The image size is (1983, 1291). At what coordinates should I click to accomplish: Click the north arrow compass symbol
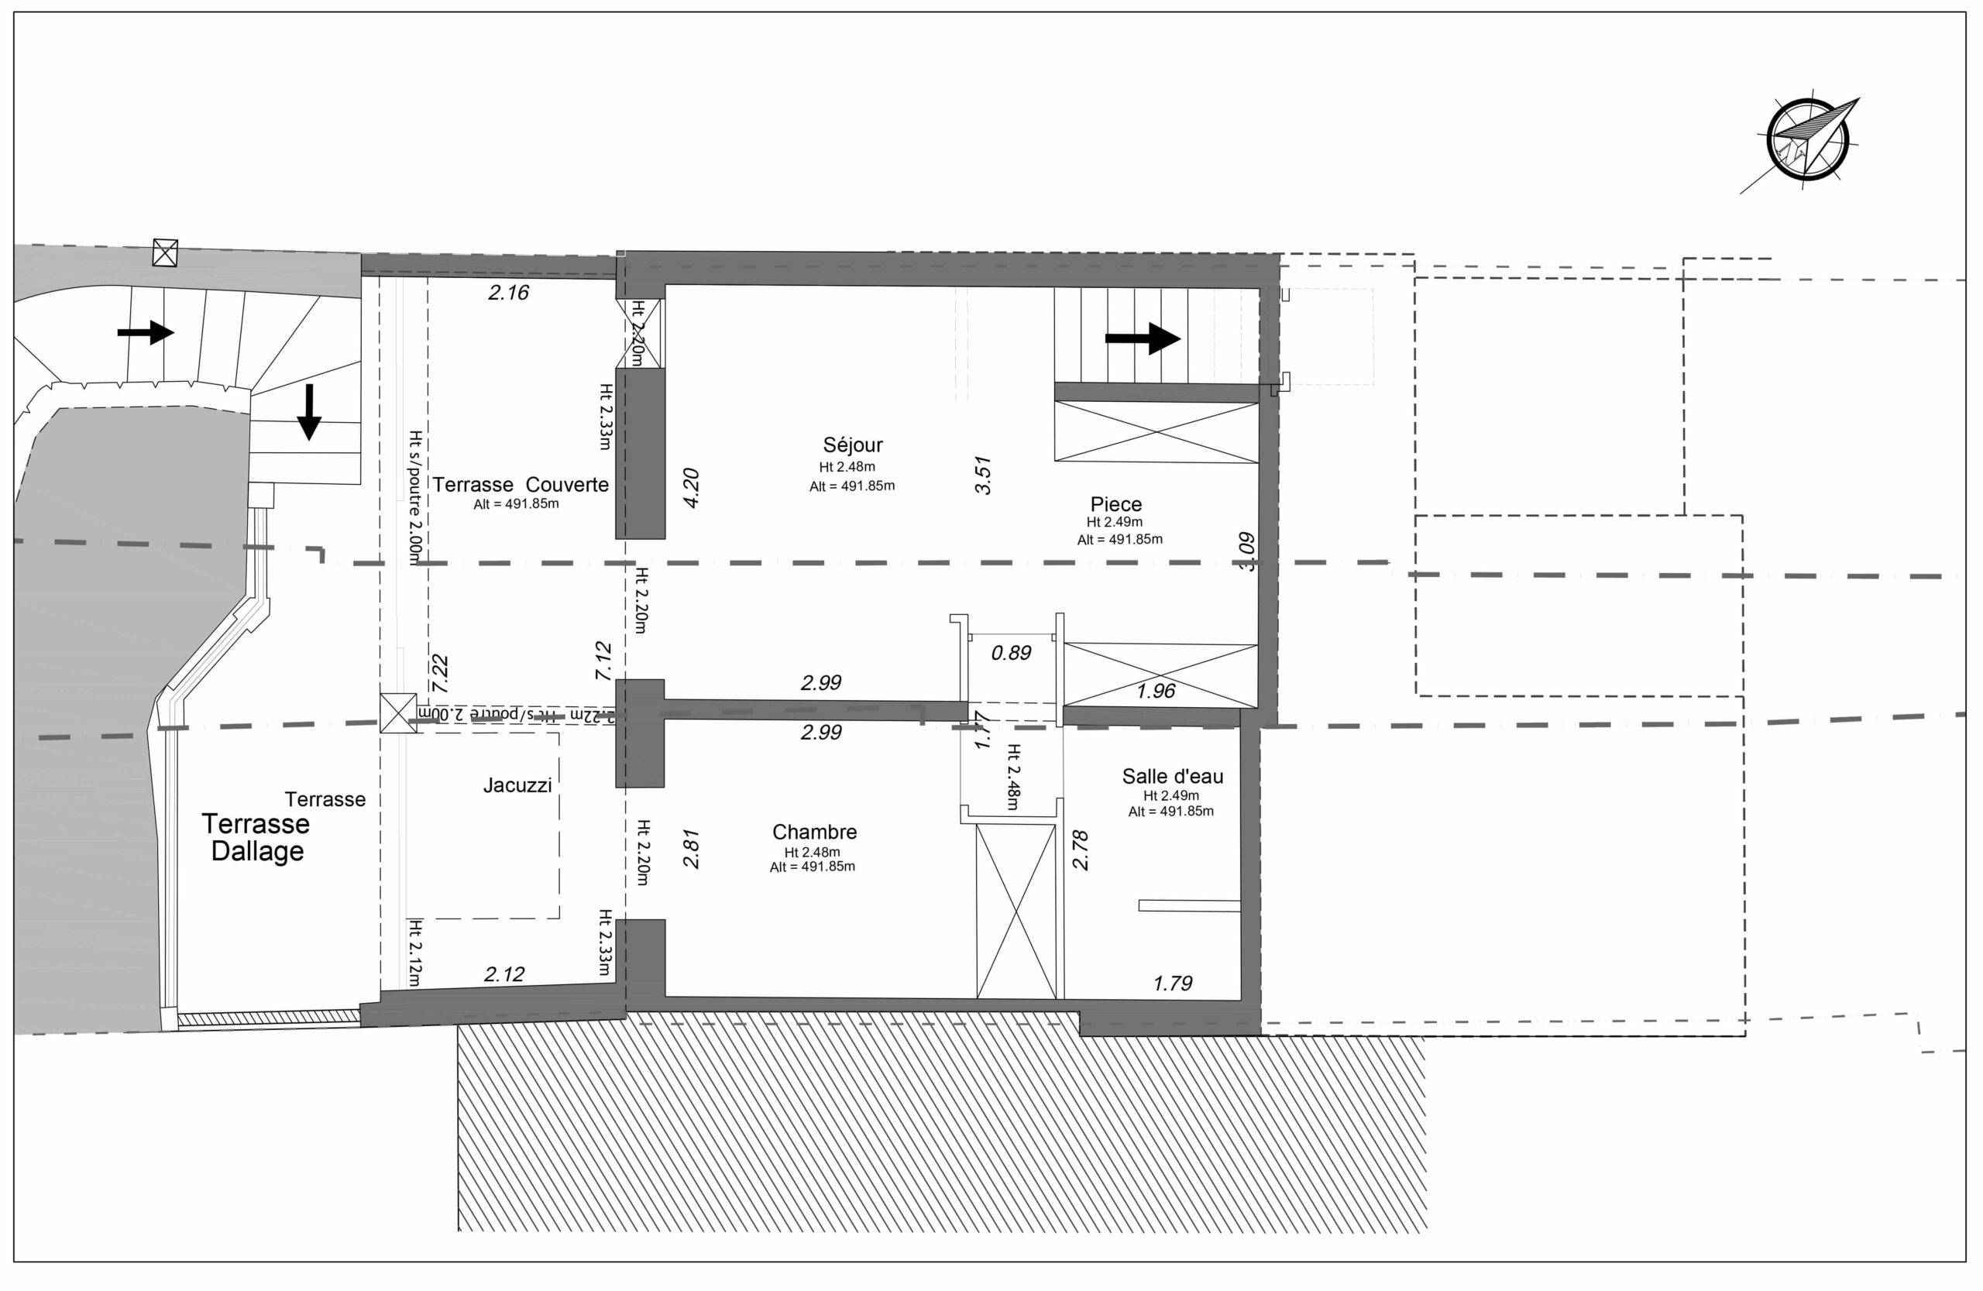point(1807,150)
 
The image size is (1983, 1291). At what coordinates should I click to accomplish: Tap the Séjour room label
point(852,445)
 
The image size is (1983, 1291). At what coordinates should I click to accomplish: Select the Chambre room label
point(814,832)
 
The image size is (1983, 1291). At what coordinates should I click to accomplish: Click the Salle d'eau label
point(1172,776)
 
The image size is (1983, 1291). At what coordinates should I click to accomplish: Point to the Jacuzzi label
point(517,785)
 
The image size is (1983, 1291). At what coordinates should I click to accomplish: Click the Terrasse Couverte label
point(520,485)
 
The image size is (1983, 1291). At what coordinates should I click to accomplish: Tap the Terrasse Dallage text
point(256,837)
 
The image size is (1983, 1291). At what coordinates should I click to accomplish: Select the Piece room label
point(1115,504)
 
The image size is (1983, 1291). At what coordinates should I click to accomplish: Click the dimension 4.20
point(691,488)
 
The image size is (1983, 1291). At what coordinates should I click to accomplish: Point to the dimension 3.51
point(983,475)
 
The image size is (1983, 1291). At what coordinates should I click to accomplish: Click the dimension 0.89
point(1011,653)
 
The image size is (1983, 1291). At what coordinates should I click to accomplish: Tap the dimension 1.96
point(1156,691)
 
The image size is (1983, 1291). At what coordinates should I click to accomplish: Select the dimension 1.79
point(1172,984)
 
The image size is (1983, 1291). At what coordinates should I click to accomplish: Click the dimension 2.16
point(508,292)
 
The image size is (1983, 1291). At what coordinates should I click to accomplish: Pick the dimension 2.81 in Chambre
point(691,849)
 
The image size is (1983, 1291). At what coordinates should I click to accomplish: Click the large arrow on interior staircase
point(1143,338)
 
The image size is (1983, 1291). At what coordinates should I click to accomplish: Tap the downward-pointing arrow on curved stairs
point(309,411)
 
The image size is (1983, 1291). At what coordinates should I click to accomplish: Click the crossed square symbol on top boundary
point(165,252)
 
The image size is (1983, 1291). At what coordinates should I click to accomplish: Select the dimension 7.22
point(440,674)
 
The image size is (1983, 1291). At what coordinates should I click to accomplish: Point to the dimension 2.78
point(1081,850)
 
